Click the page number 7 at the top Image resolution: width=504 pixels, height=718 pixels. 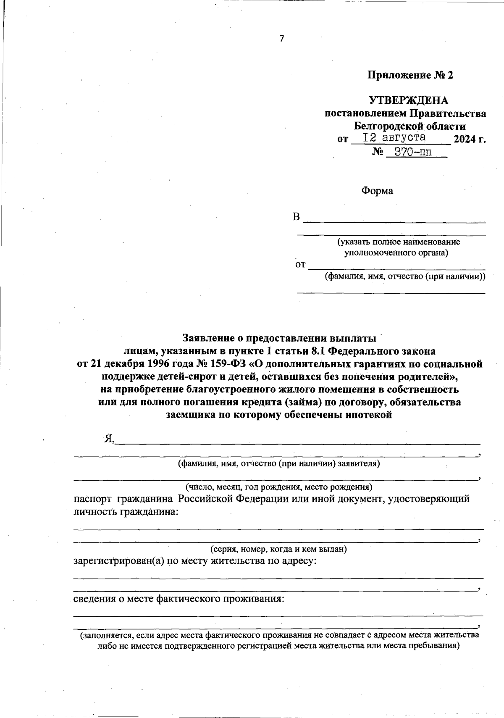click(282, 39)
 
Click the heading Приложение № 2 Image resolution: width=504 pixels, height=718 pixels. click(410, 75)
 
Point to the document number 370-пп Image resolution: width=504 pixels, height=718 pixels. click(413, 152)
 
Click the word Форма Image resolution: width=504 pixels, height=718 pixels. click(377, 191)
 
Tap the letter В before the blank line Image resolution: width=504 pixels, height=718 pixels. click(297, 217)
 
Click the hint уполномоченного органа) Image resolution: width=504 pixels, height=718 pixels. click(396, 253)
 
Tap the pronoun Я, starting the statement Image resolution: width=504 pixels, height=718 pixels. click(110, 439)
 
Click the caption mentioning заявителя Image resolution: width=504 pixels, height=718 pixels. click(279, 463)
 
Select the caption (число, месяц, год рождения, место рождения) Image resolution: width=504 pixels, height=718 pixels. click(279, 487)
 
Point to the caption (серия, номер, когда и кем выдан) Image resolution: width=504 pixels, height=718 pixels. click(278, 549)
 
